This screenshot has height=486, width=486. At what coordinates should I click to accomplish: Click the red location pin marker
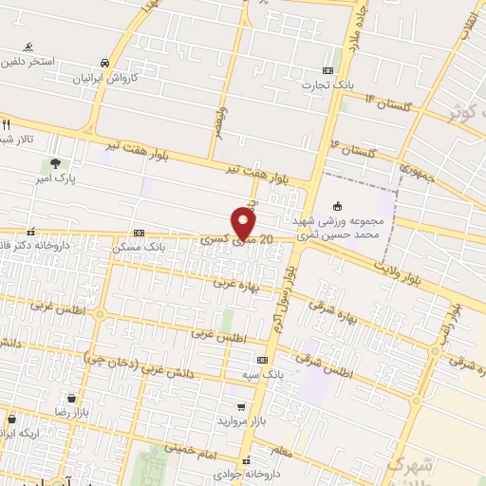244,224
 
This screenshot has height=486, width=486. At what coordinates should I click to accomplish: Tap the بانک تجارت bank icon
328,70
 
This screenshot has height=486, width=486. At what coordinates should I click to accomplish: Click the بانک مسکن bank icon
140,233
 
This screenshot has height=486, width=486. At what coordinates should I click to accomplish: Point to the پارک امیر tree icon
56,162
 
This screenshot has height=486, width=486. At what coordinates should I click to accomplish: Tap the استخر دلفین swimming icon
29,47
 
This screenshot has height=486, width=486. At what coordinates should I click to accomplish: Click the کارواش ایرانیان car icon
104,63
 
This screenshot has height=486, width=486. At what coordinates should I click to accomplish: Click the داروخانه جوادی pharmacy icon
246,458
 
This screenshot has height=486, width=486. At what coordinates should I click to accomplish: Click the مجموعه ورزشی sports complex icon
337,206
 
